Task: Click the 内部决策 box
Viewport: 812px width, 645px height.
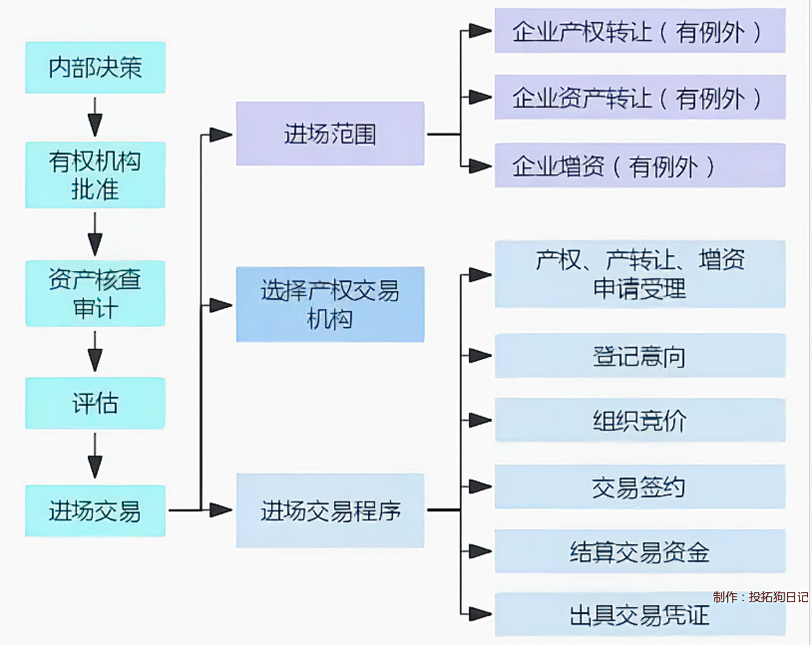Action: point(95,68)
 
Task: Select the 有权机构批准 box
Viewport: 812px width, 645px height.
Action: point(95,174)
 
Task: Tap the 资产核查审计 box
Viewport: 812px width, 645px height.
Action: point(95,293)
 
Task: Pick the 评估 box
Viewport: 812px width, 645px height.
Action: point(95,404)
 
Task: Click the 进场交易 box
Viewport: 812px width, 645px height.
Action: point(95,511)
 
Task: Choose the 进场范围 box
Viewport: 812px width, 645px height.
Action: point(330,134)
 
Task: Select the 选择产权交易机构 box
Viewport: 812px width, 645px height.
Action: point(330,304)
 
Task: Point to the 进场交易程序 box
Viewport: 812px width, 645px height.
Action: point(330,511)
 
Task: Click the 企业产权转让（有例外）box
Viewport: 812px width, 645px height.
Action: point(639,31)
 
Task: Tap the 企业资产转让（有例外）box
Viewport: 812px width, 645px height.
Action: point(639,98)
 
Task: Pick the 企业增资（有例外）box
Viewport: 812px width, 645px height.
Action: point(639,165)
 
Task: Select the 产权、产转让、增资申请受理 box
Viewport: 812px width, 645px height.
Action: point(639,274)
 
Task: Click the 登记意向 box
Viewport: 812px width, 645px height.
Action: point(639,356)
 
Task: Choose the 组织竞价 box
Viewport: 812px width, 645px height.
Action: point(639,421)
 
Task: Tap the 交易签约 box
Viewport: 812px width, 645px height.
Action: point(639,486)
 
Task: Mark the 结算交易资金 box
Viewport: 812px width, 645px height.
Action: point(639,551)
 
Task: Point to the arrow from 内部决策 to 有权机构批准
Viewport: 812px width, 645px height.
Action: point(95,118)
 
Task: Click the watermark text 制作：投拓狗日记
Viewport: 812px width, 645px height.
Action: point(760,597)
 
